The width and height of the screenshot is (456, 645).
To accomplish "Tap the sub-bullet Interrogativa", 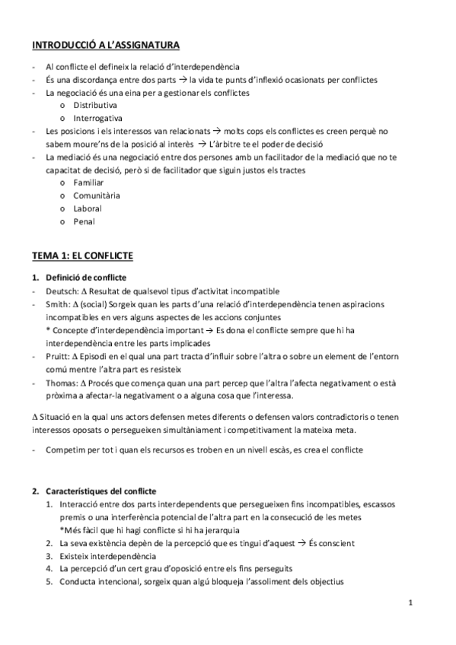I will (98, 119).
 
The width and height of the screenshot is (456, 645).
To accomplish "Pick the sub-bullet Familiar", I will (88, 183).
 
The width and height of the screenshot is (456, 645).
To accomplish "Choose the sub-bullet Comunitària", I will (97, 195).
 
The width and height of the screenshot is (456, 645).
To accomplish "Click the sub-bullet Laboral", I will (88, 208).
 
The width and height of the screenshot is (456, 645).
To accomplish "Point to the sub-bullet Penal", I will (84, 221).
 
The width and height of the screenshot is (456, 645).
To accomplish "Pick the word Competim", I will (66, 450).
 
